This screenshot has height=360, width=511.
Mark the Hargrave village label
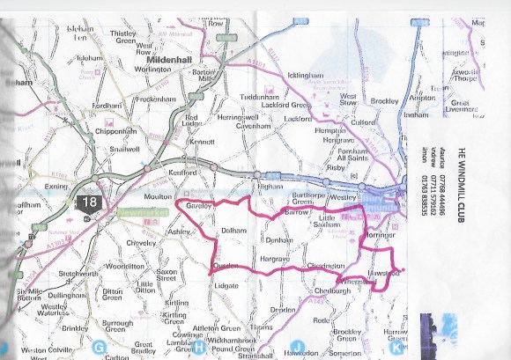click(275, 259)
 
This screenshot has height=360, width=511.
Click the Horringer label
click(380, 237)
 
